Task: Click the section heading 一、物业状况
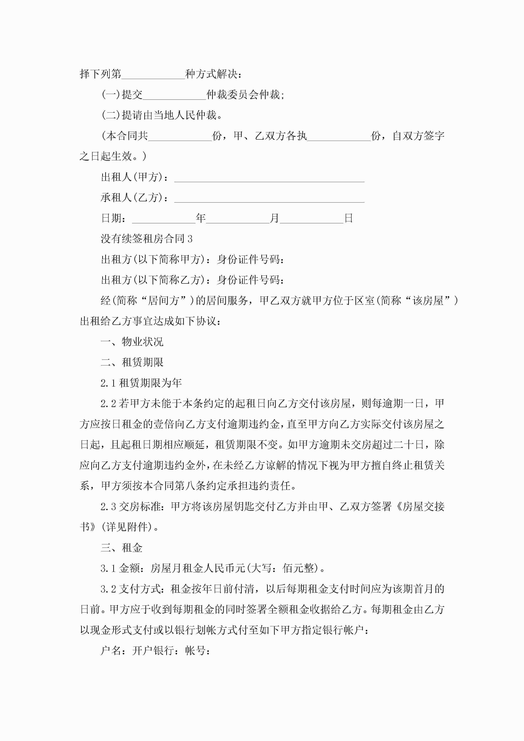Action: (x=132, y=342)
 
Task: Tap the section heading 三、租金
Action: (x=122, y=548)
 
